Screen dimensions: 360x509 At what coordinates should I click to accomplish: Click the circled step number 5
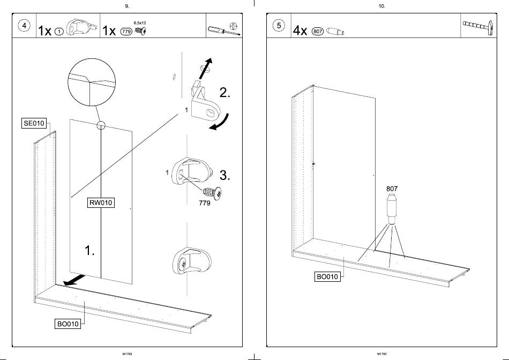[x=279, y=27]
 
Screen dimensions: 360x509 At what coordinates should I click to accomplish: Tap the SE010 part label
[x=33, y=124]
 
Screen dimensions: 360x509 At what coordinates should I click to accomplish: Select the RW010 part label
[x=101, y=203]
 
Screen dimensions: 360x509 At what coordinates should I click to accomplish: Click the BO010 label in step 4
[x=68, y=324]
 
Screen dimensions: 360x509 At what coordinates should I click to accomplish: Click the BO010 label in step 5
[x=327, y=277]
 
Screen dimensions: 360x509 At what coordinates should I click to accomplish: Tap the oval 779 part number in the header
[x=126, y=31]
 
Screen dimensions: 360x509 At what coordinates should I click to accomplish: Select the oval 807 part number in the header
[x=317, y=31]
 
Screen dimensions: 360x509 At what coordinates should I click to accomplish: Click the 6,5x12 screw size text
[x=140, y=23]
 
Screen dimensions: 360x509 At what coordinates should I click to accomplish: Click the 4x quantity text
[x=300, y=31]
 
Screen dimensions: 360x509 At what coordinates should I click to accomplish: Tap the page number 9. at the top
[x=127, y=6]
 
